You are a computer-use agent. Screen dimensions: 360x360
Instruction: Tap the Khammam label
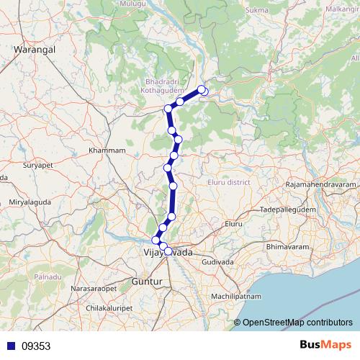(x=107, y=150)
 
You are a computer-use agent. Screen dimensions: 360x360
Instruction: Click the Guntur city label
(x=149, y=282)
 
